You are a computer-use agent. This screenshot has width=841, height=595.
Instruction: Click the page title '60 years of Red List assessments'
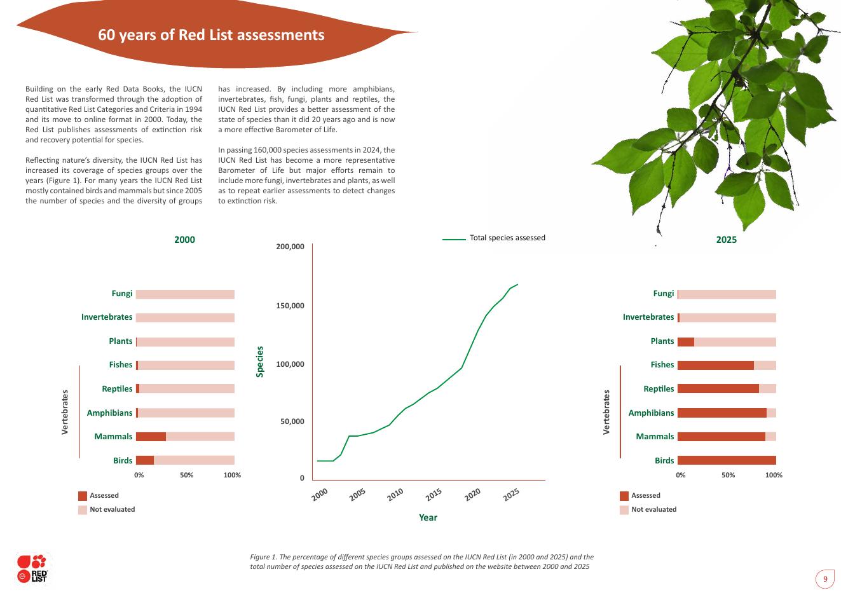point(211,35)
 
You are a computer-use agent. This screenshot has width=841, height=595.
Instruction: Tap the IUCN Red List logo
point(32,568)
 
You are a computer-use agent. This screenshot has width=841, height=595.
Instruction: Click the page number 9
point(825,579)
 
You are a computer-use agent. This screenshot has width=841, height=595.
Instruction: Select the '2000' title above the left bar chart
point(184,240)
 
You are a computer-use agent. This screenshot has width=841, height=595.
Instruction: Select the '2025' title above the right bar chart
point(726,240)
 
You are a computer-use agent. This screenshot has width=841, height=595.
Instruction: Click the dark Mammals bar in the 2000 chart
point(151,437)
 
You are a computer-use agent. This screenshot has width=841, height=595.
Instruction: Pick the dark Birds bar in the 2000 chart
point(145,460)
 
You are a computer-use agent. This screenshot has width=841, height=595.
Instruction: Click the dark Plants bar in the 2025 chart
point(686,342)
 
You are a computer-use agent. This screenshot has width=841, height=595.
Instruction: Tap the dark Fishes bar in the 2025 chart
point(716,366)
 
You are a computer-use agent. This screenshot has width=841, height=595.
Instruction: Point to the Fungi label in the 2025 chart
point(663,293)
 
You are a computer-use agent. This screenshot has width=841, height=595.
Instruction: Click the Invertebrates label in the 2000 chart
point(107,317)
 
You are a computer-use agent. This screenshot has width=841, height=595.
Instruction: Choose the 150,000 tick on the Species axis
point(290,306)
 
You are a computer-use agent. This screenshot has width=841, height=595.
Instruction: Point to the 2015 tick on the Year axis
point(434,495)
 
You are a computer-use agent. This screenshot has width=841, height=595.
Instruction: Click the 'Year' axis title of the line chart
point(428,517)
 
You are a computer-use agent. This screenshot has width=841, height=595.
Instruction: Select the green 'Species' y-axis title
point(259,362)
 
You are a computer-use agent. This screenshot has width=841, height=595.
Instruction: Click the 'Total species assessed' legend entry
point(507,238)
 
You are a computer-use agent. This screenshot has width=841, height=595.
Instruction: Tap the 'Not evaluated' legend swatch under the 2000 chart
point(83,510)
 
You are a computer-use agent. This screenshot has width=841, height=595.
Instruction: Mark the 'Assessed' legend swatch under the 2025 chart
point(624,496)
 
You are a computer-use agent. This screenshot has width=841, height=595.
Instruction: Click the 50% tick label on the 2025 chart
point(728,475)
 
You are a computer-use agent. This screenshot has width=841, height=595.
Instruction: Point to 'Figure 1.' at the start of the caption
point(264,557)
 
